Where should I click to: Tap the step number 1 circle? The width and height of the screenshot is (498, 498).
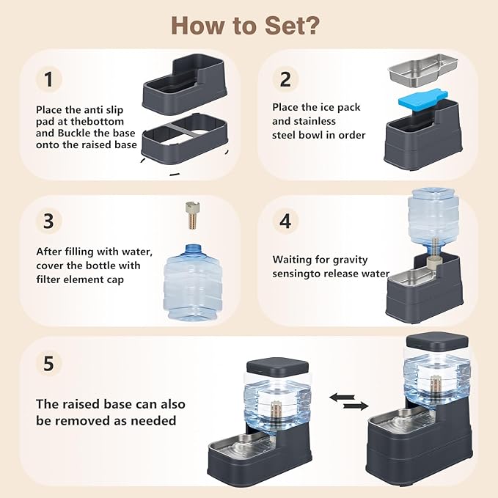pos(48,79)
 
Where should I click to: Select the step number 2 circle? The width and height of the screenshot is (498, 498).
pos(285,79)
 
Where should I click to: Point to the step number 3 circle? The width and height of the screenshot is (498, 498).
pos(48,221)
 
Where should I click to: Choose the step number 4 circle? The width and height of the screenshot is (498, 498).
pos(285,221)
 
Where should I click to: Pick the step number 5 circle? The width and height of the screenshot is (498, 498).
pos(48,363)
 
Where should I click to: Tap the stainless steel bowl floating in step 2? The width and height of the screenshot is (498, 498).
pos(422,70)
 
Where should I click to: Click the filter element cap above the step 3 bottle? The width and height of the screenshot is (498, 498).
pos(192,216)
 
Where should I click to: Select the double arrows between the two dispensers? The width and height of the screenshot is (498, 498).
pos(348,401)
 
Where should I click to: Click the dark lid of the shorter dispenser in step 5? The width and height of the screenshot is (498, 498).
pos(277,365)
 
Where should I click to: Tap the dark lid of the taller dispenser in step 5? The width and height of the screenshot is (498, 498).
pos(437,340)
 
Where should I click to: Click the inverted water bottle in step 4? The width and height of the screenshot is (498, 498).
pos(433,221)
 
